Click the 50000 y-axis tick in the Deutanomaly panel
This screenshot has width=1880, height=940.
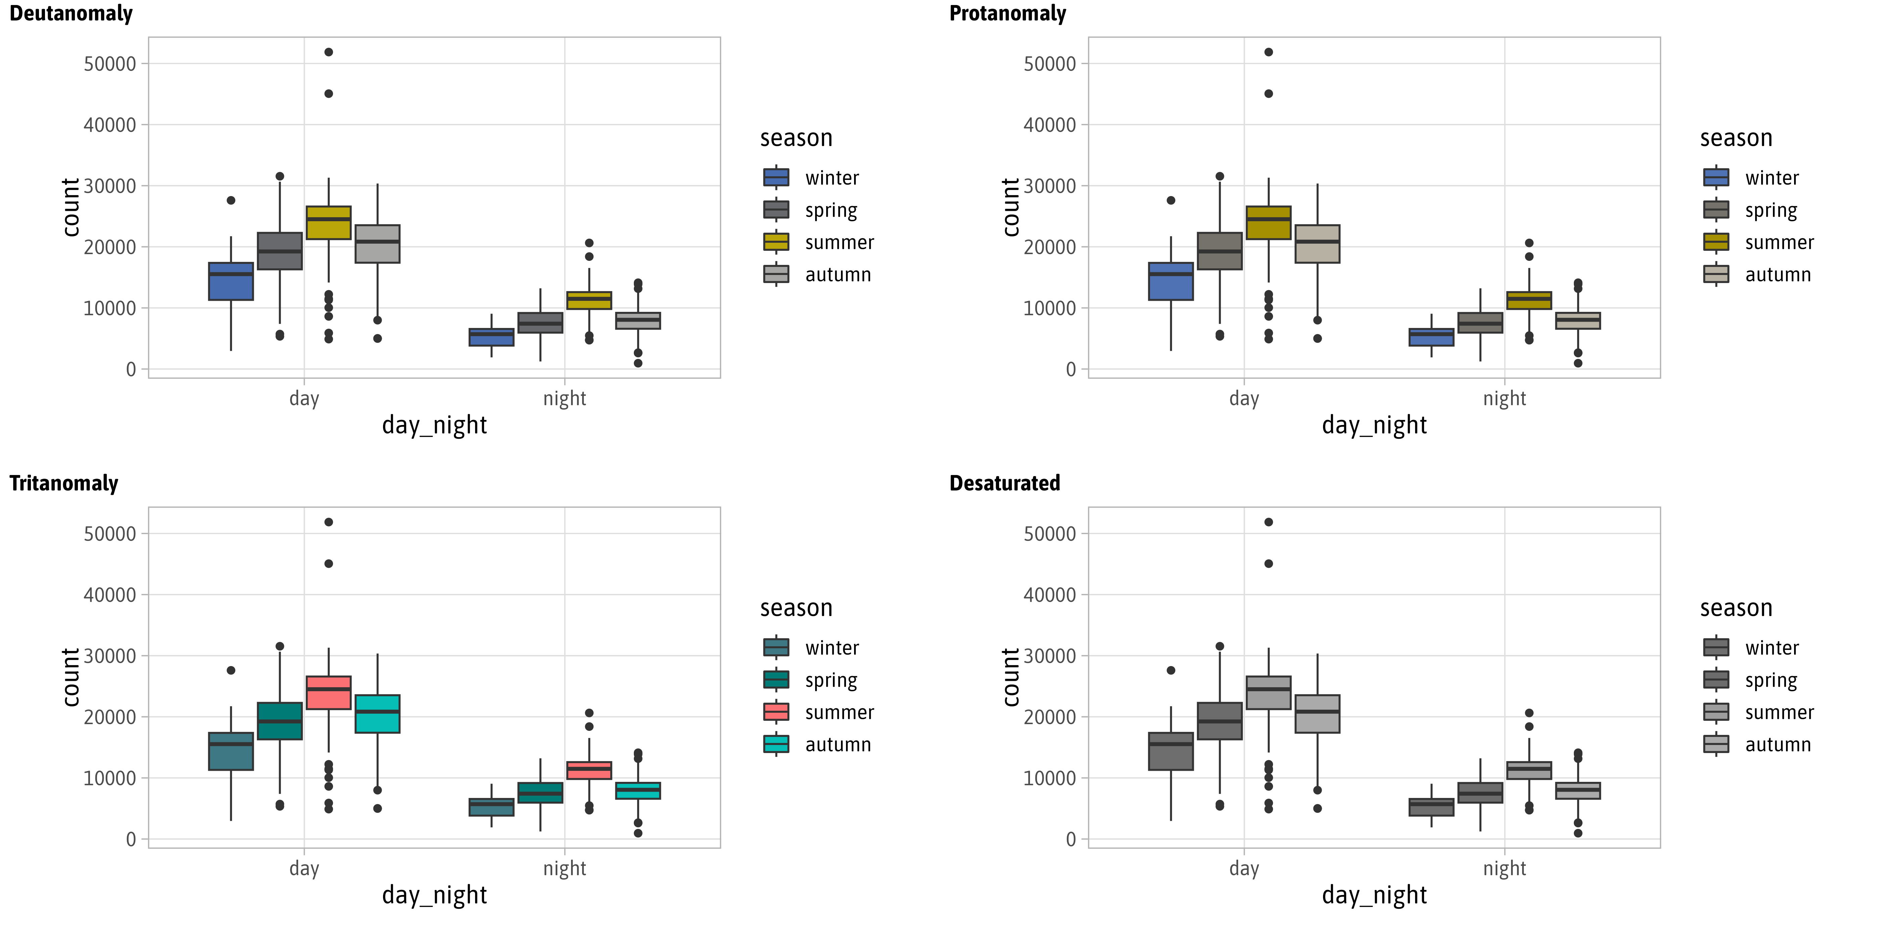click(109, 64)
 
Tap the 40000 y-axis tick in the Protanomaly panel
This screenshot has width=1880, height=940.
click(1049, 126)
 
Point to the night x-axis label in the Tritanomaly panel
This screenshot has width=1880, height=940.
click(564, 868)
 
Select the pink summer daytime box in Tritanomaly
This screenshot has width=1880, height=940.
click(328, 693)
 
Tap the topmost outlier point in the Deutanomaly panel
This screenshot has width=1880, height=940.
click(328, 52)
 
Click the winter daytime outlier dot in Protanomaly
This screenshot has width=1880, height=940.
click(1171, 200)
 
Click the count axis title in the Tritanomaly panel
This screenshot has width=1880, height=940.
click(71, 677)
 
